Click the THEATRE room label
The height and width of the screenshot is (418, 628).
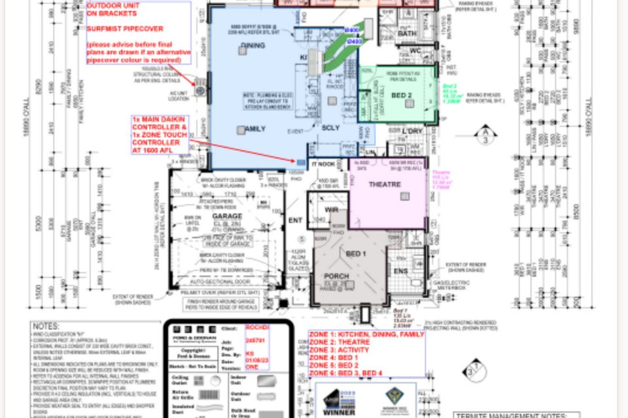coord(384,185)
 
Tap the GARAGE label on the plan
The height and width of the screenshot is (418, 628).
coord(227,216)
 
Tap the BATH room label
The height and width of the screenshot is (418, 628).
coord(407,33)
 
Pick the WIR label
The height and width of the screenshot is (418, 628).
coord(331,210)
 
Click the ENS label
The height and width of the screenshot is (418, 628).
coord(400,270)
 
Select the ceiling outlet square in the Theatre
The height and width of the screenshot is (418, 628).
coord(405,196)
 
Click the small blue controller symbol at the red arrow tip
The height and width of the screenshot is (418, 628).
coord(301,161)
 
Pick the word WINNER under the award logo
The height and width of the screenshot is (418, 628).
coord(339,412)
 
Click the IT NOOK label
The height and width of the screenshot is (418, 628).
coord(323,164)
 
